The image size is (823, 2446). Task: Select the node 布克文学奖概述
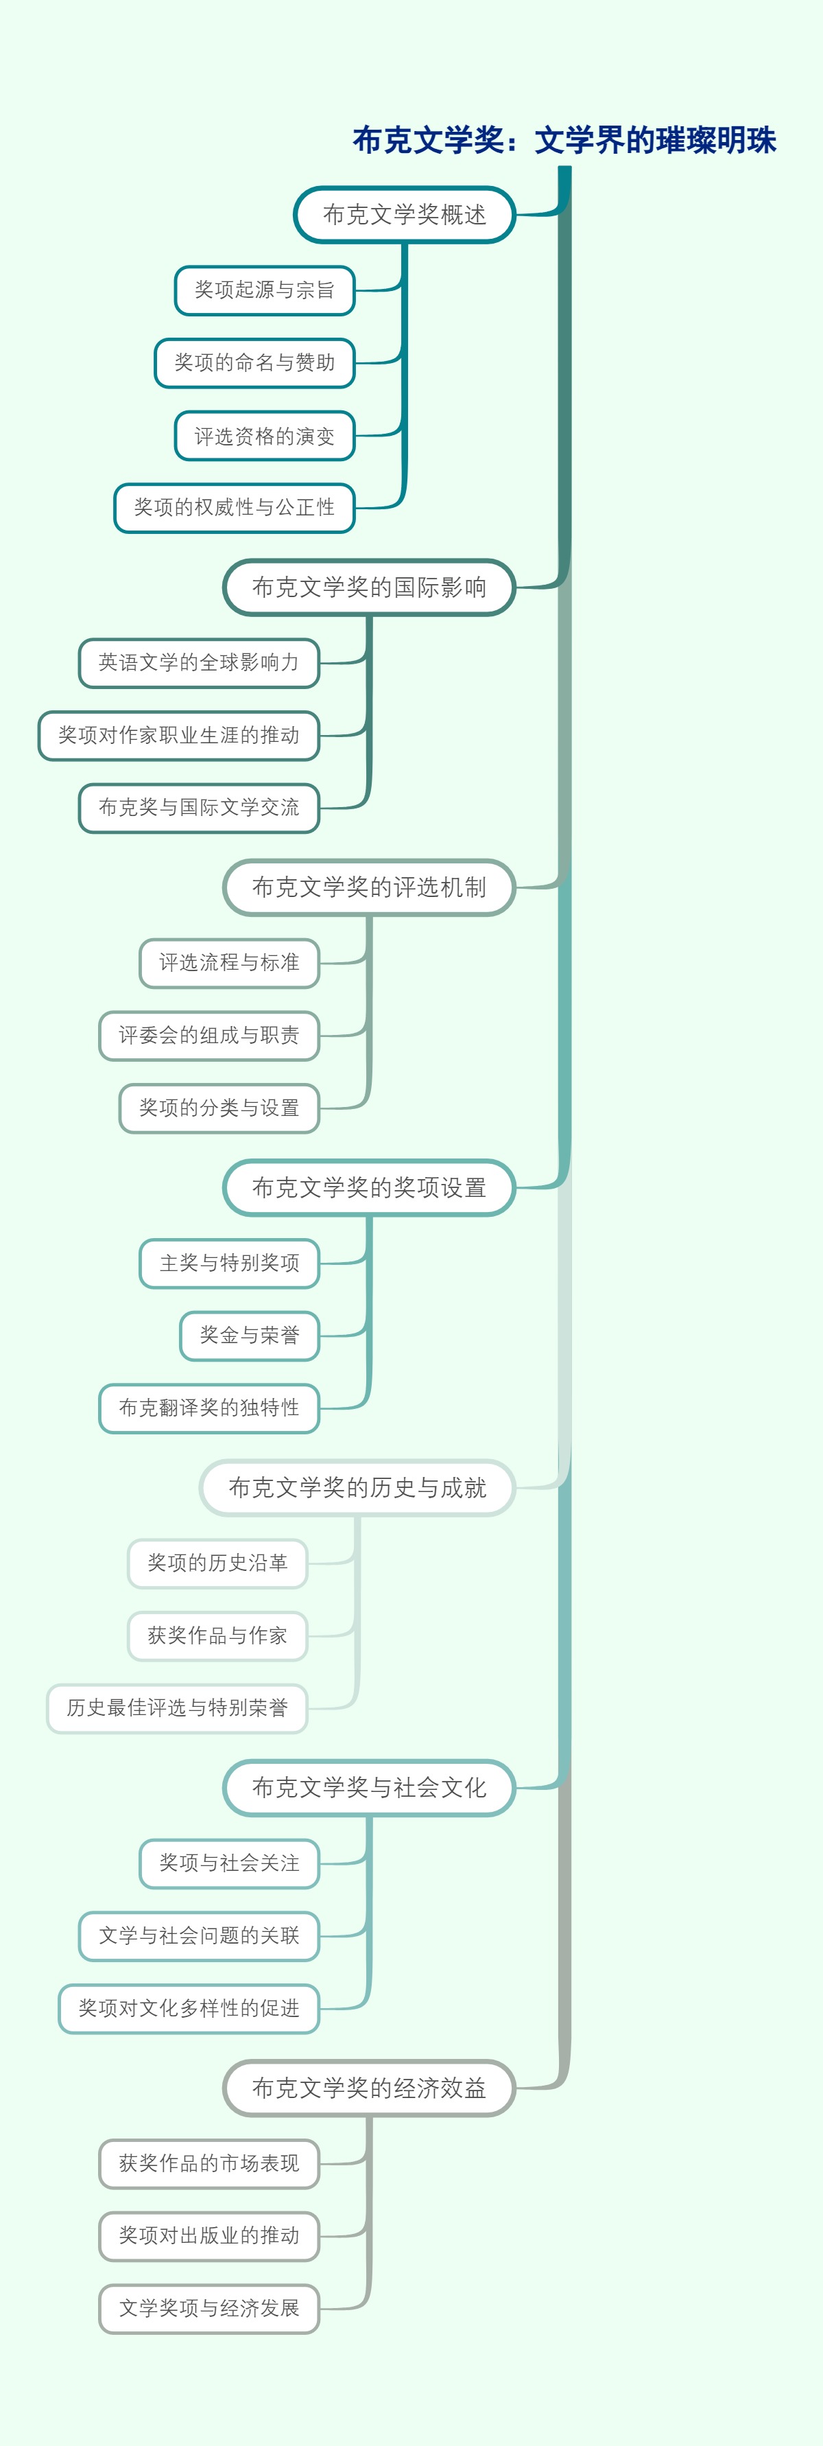point(405,215)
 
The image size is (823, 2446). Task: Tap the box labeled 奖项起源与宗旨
point(265,290)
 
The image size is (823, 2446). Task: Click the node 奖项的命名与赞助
point(254,363)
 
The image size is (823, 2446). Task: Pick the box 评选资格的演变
point(265,436)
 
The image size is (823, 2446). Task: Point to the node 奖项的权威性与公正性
point(235,508)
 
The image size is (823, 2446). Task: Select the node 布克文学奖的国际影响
point(369,587)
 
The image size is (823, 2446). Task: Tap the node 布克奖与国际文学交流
point(198,808)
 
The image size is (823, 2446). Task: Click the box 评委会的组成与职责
point(208,1036)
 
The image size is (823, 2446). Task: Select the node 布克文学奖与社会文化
point(369,1788)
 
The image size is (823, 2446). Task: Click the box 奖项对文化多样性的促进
point(189,2008)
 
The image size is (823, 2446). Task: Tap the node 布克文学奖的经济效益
point(369,2088)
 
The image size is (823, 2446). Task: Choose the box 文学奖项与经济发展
point(208,2308)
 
